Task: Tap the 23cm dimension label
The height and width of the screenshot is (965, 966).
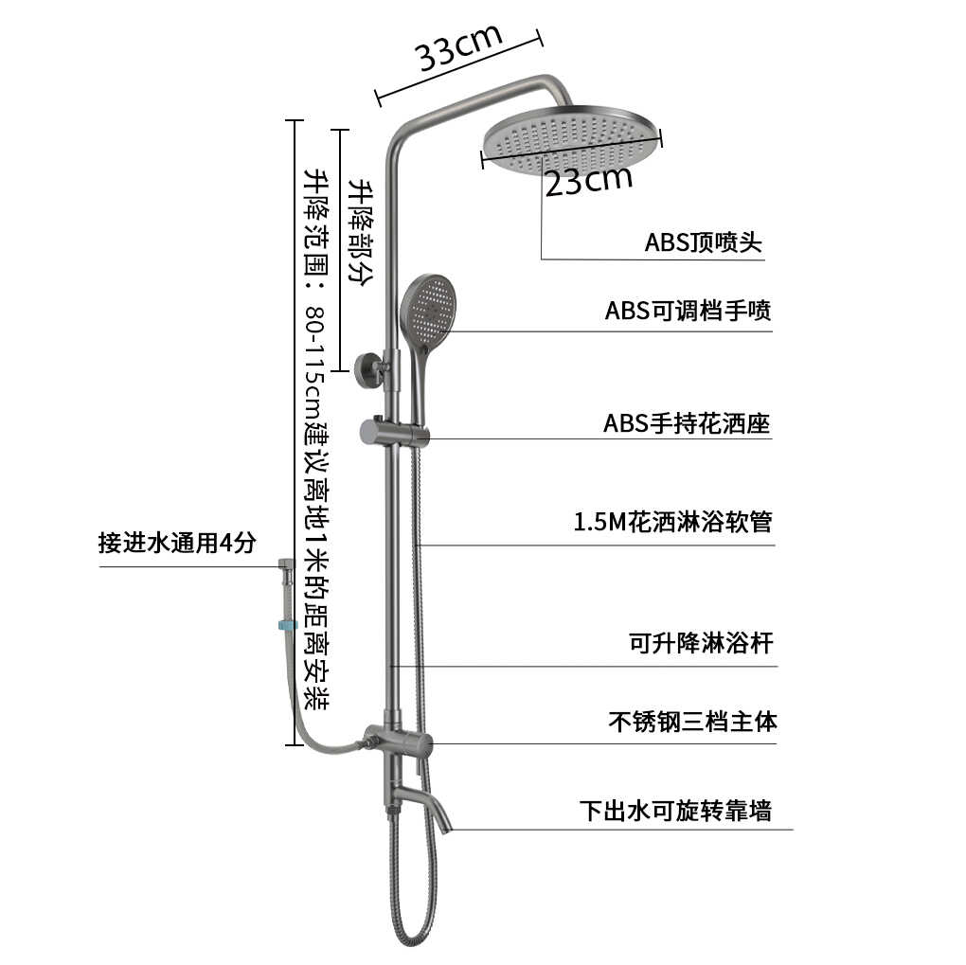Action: (x=588, y=179)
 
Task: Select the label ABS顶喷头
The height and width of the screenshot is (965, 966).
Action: (x=703, y=242)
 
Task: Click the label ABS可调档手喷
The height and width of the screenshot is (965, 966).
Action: (x=688, y=311)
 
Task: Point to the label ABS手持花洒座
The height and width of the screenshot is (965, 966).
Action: (x=687, y=423)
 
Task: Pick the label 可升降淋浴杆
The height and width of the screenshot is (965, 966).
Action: (x=701, y=644)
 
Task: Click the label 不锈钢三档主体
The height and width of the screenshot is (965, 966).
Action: (x=692, y=722)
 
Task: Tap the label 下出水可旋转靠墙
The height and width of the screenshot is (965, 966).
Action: (x=675, y=811)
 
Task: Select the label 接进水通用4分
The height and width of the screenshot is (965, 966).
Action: (x=177, y=544)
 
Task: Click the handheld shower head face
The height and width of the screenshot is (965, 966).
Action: (x=429, y=310)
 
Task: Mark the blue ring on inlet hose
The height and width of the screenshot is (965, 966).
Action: (x=286, y=625)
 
